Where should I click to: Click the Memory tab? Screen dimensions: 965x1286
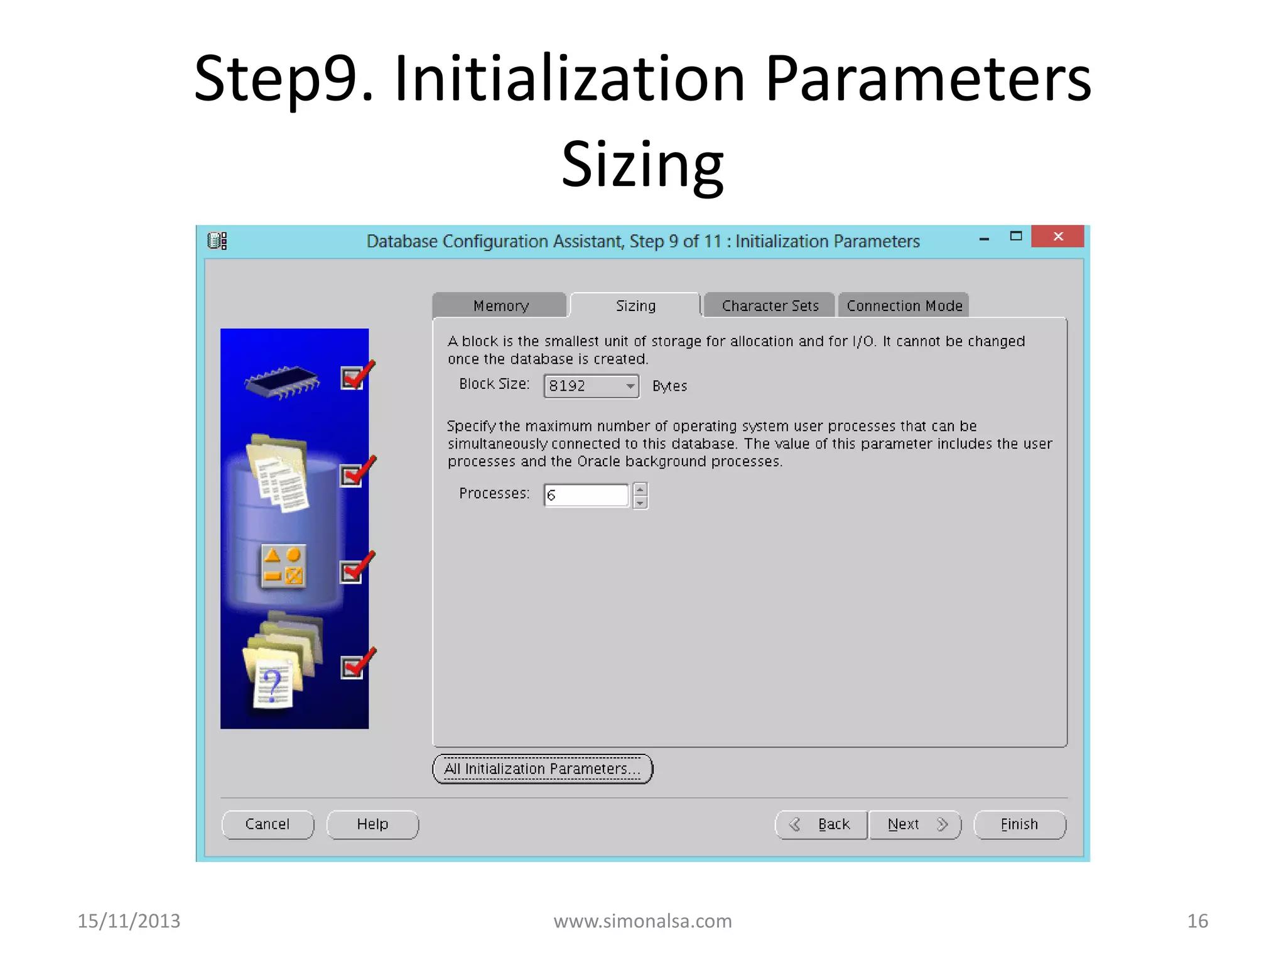tap(500, 306)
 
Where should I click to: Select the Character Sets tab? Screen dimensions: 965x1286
tap(770, 306)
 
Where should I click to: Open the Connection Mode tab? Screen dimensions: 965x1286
tap(904, 306)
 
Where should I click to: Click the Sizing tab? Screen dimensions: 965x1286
tap(635, 306)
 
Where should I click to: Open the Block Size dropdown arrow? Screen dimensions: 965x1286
tap(630, 386)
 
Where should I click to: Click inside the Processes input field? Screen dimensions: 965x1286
tap(586, 495)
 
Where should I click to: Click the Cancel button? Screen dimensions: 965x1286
tap(267, 824)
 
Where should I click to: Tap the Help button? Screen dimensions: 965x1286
tap(372, 824)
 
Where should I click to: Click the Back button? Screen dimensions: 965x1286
tap(822, 824)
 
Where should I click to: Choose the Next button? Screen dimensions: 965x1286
tap(915, 824)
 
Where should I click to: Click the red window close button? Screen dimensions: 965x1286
tap(1057, 237)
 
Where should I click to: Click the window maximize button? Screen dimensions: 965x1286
tap(1015, 237)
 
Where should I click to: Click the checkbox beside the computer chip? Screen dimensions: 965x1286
tap(352, 378)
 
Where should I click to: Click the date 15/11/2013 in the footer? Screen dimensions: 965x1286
tap(129, 921)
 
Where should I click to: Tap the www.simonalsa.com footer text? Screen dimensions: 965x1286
tap(642, 921)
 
